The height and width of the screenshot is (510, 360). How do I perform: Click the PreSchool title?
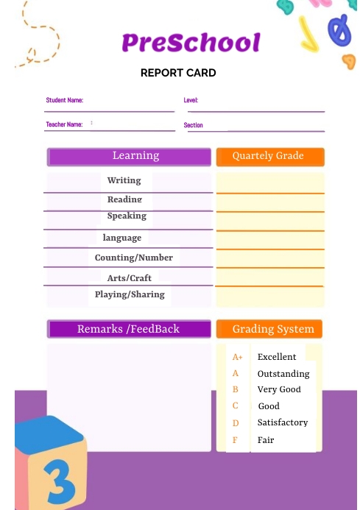[x=191, y=43]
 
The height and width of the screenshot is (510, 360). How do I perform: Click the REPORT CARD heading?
[x=178, y=73]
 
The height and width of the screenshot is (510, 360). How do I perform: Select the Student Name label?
[x=65, y=100]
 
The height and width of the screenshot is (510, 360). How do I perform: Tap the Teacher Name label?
[x=64, y=124]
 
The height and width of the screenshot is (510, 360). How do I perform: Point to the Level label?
[x=191, y=100]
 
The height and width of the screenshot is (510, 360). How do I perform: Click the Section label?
[x=193, y=125]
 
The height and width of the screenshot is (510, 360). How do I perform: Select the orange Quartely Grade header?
[x=269, y=156]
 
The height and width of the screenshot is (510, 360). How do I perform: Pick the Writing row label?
[x=124, y=180]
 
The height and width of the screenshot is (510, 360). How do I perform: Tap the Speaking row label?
[x=127, y=216]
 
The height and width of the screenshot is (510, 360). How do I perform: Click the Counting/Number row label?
[x=134, y=258]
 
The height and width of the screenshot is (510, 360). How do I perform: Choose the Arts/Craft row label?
[x=130, y=277]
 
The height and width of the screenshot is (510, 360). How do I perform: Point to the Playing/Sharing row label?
[x=130, y=294]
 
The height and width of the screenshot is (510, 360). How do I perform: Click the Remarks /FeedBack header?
[x=129, y=329]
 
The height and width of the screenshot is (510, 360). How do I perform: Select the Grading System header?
[x=272, y=329]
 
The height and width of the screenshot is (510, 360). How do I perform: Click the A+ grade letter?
[x=237, y=357]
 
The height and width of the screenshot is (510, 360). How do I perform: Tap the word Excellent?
[x=277, y=357]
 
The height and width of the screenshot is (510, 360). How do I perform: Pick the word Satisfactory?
[x=283, y=422]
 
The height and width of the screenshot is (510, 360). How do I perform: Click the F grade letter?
[x=236, y=440]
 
